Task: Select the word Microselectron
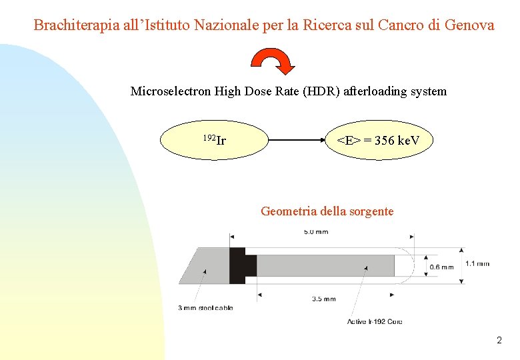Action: (171, 91)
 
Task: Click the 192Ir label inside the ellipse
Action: (214, 140)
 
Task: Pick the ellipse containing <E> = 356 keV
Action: (377, 140)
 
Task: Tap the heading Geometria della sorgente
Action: (327, 211)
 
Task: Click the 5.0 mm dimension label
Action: (316, 233)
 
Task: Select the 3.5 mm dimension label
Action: (324, 299)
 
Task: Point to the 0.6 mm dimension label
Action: (441, 267)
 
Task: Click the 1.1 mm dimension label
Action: (477, 263)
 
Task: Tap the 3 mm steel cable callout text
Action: (205, 307)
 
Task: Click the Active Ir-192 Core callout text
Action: (375, 321)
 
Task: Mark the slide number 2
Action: (499, 341)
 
